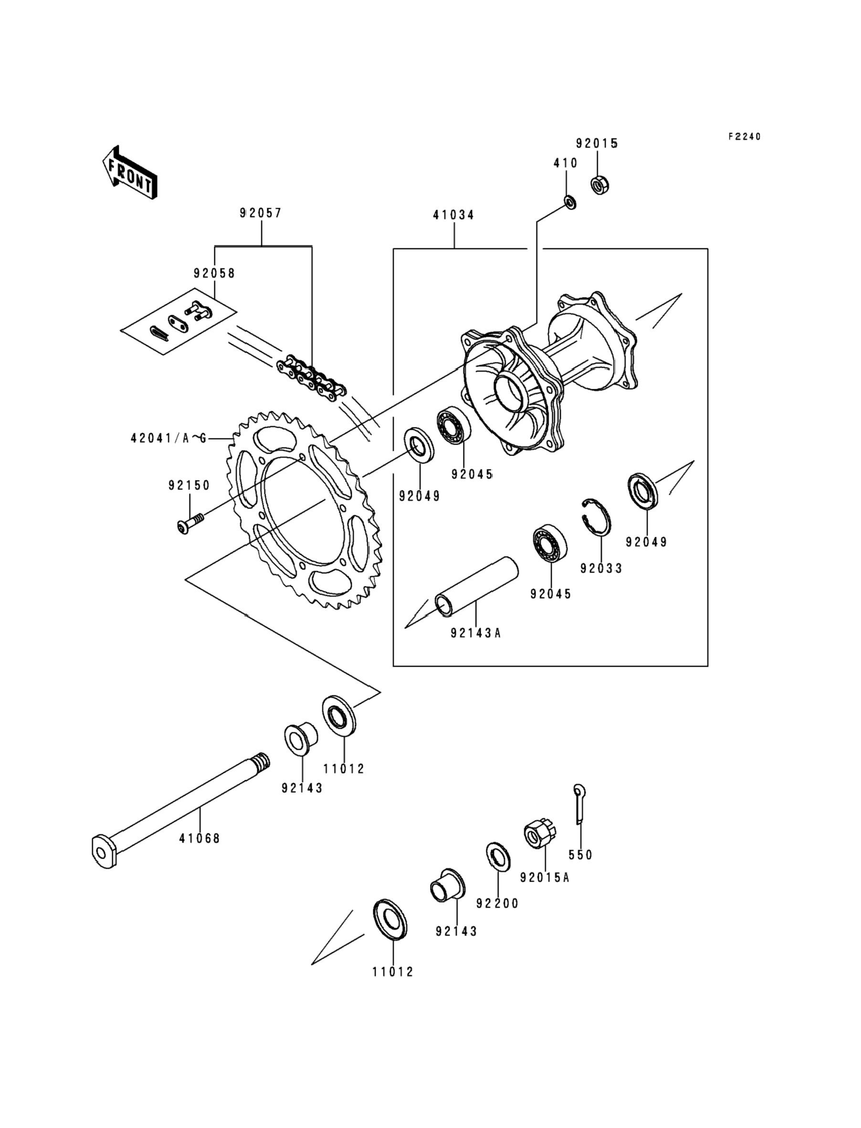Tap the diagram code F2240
(745, 137)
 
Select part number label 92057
(261, 213)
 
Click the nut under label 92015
(599, 185)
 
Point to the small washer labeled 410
(569, 202)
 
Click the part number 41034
(453, 215)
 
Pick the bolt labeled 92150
(190, 524)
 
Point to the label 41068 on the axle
(199, 838)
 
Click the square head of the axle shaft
(104, 851)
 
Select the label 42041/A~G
(168, 438)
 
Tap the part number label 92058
(214, 273)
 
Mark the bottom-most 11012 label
(393, 972)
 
